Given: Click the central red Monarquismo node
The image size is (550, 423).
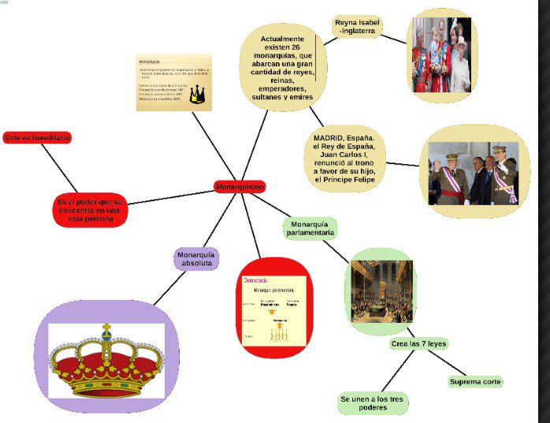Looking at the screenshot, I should pos(240,186).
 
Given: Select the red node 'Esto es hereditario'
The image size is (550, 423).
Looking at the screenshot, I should pos(36,138).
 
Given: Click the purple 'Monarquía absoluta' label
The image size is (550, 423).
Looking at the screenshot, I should pos(196,259).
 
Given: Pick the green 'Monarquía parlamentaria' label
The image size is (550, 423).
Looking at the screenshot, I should pos(310,228).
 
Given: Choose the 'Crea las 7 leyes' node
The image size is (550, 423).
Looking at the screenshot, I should pos(418,344).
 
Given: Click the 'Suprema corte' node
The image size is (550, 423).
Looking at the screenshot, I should pos(476,382).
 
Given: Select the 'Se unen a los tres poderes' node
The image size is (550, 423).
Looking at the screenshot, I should pos(373,404).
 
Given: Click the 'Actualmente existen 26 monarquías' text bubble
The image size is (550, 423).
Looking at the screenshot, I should pos(286,67).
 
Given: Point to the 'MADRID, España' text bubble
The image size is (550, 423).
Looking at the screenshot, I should pos(348,159).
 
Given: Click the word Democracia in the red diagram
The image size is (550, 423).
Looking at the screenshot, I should pos(256,282).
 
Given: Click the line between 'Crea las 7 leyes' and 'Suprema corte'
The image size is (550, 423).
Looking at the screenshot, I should pos(448,363).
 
